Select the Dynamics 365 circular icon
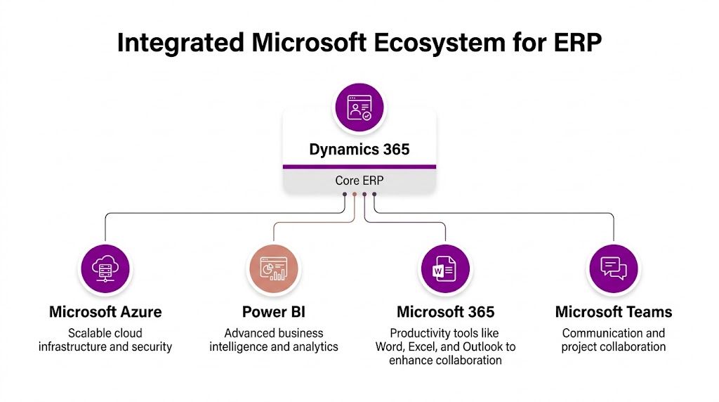click(359, 108)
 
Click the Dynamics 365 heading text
click(359, 150)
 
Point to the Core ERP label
click(359, 181)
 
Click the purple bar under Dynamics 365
click(359, 167)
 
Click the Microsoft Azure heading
click(105, 312)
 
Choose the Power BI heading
click(274, 312)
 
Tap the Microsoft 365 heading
click(445, 312)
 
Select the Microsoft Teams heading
click(614, 312)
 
